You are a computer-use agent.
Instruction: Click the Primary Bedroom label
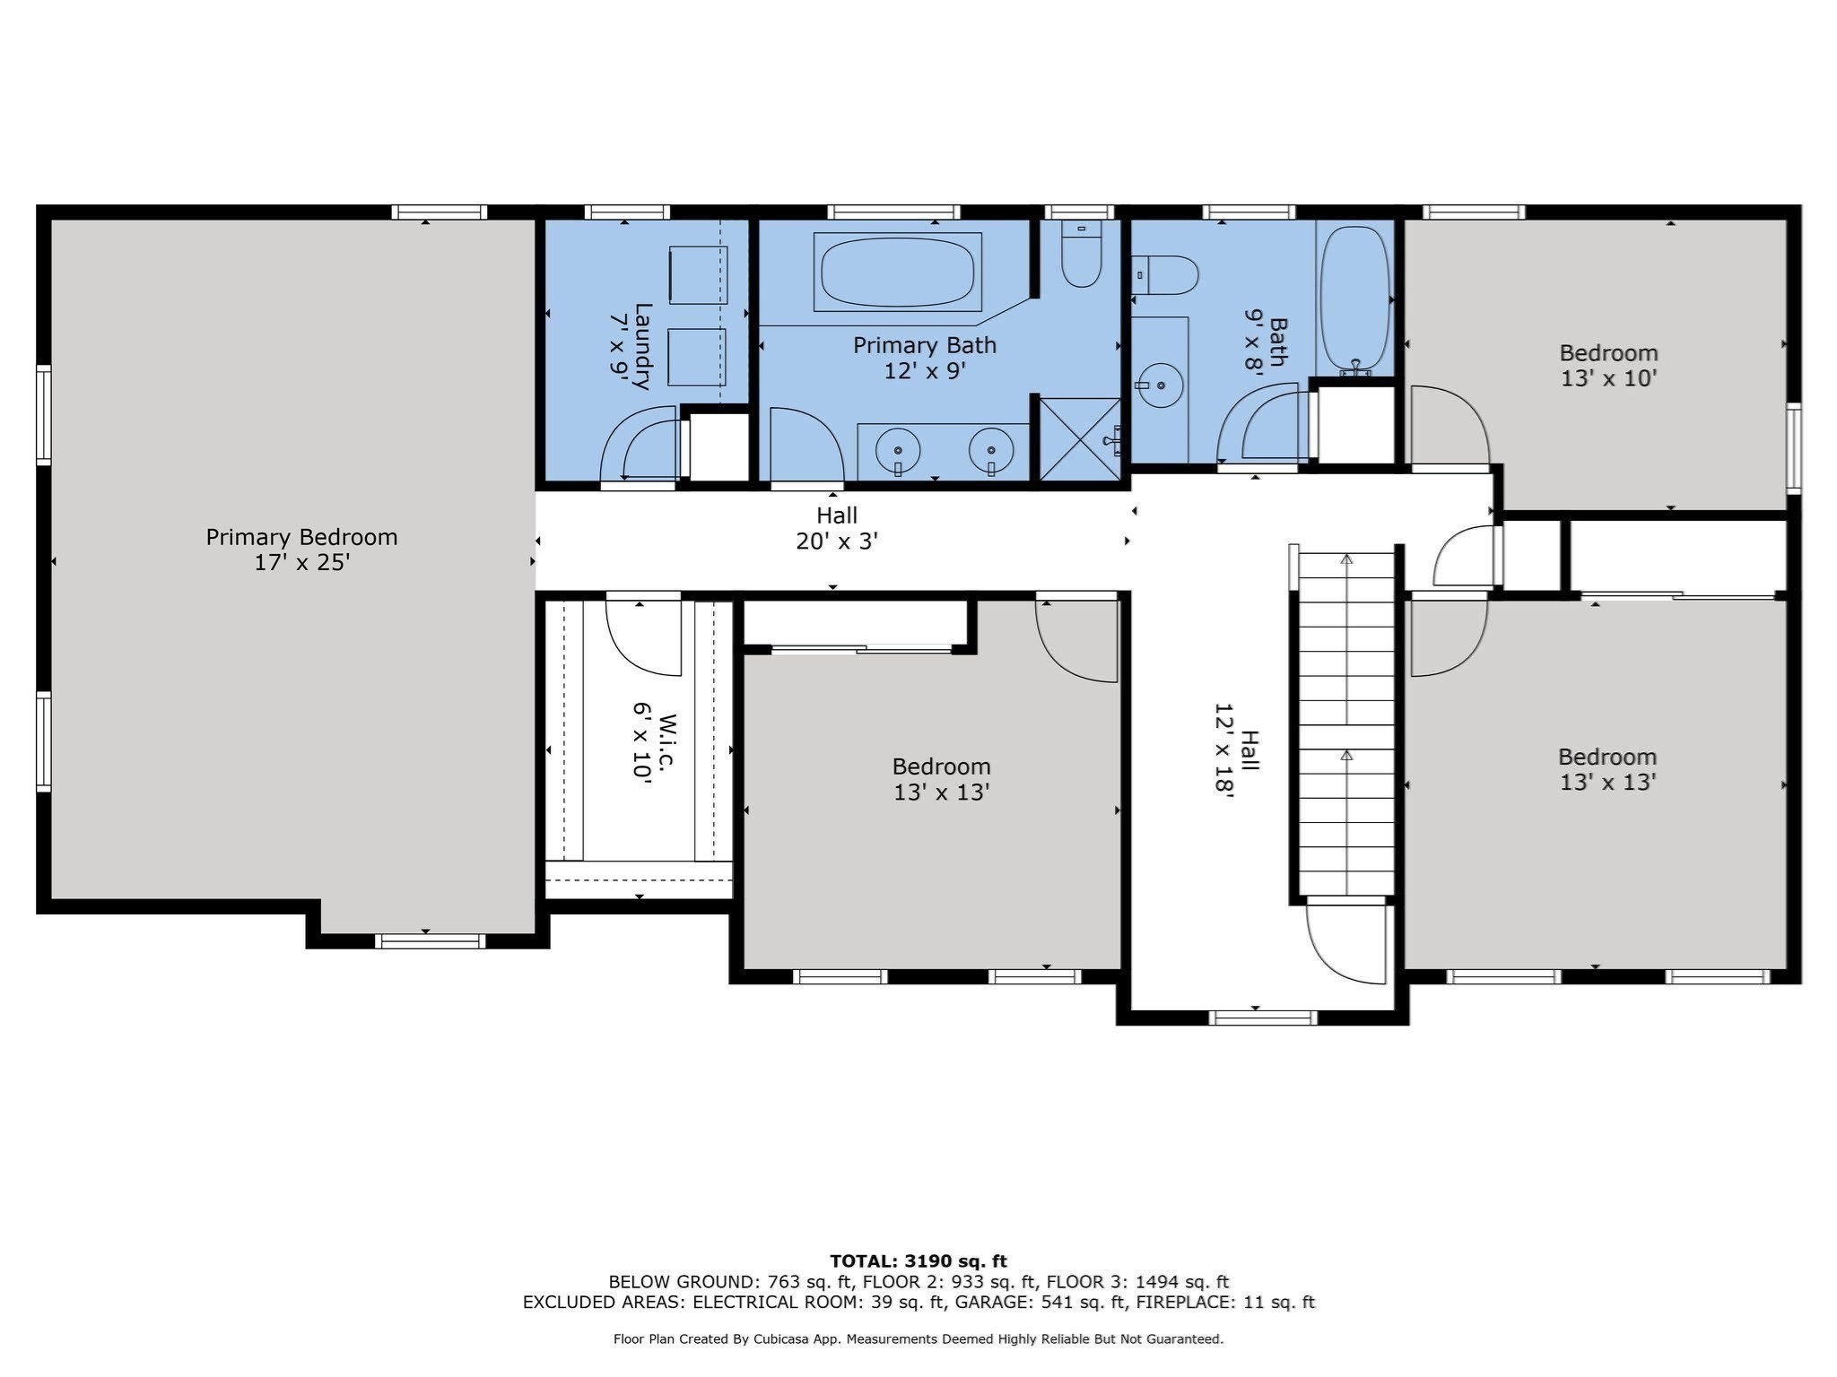point(301,549)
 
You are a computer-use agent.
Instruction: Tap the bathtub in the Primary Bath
point(897,272)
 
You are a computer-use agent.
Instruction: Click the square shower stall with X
point(1080,439)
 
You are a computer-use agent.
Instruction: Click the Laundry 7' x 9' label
point(631,346)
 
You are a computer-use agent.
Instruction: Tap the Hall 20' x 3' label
point(836,528)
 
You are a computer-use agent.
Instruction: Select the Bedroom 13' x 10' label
point(1607,365)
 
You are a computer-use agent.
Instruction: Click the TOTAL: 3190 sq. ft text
point(918,1261)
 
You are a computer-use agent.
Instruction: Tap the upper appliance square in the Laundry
point(698,273)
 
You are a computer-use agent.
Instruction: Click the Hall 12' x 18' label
point(1237,749)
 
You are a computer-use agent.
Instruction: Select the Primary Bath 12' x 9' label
point(924,357)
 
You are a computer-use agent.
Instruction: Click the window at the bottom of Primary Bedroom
point(430,941)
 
